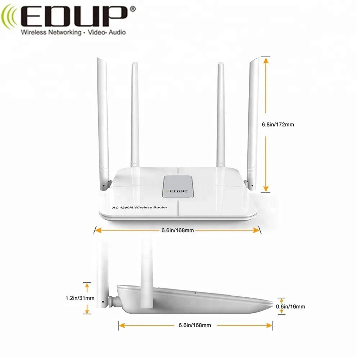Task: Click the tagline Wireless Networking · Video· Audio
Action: tap(73, 33)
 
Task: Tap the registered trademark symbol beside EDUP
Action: tap(132, 8)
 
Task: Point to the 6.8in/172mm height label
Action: tap(278, 124)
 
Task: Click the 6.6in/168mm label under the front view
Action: tap(176, 230)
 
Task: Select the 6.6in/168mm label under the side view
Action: tap(194, 325)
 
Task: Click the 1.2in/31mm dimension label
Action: tap(80, 298)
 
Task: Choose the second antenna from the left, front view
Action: tap(135, 115)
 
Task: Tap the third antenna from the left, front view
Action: tap(221, 115)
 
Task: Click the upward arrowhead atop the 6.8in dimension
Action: tap(266, 60)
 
